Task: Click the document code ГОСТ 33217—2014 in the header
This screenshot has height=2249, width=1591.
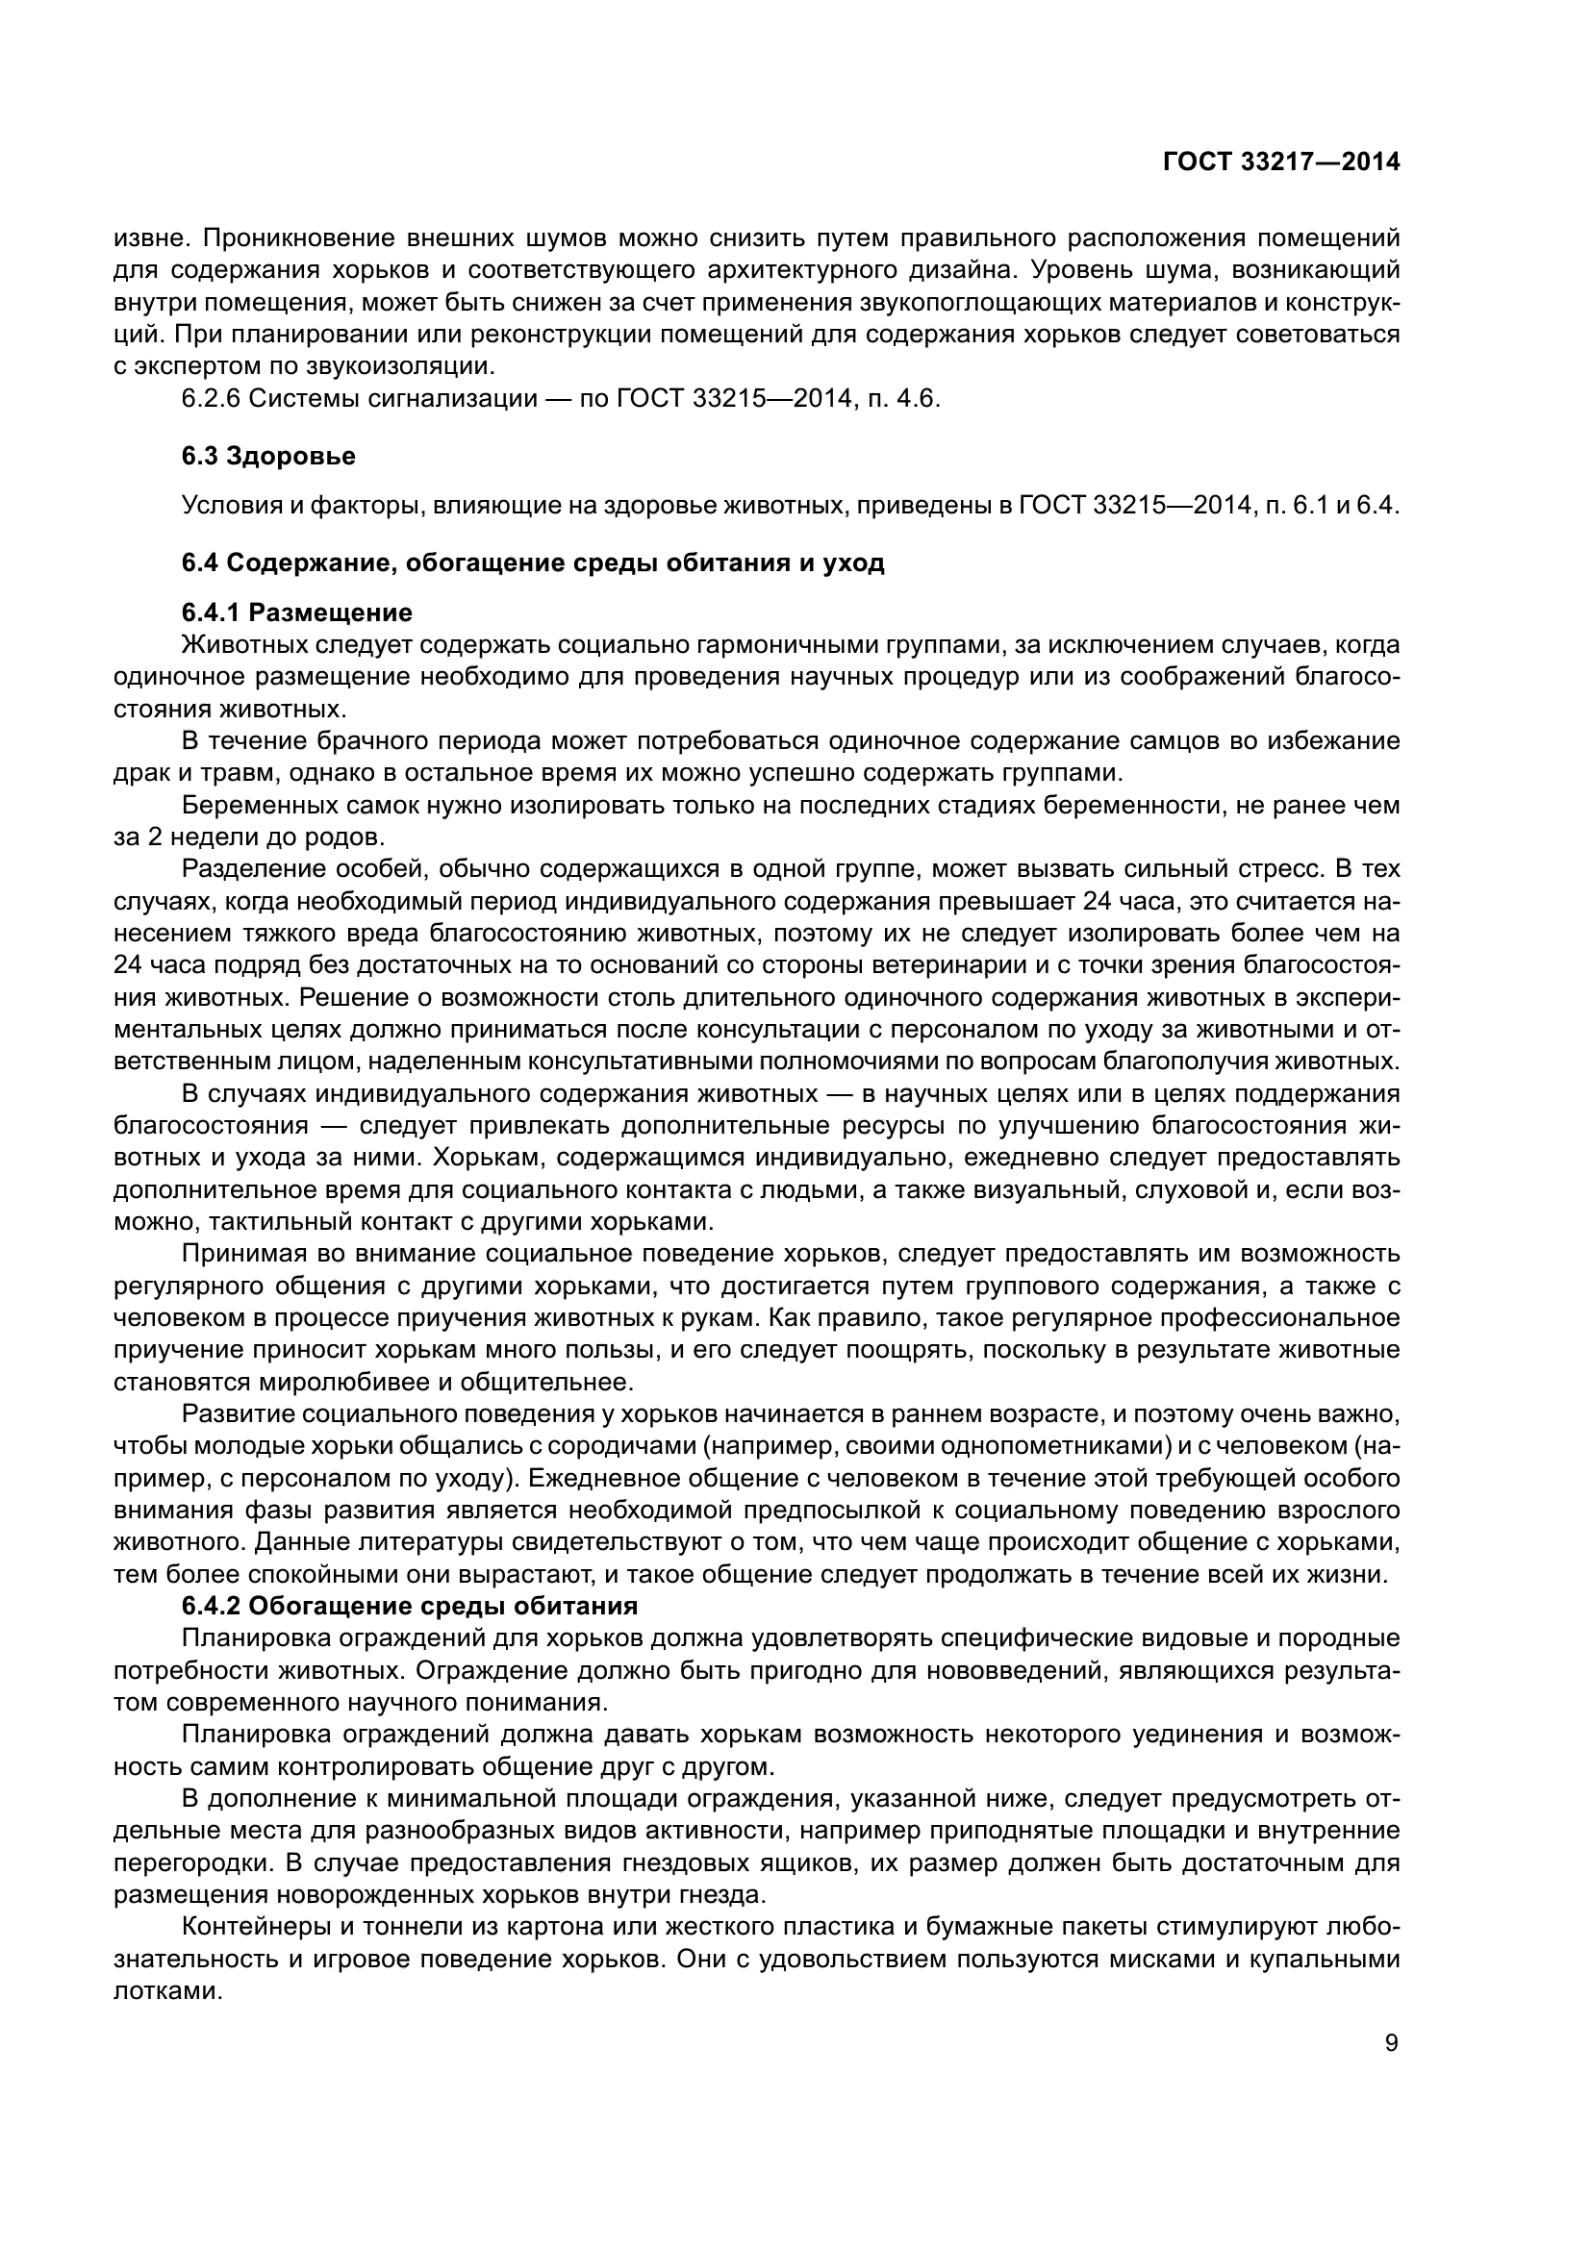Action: tap(1280, 162)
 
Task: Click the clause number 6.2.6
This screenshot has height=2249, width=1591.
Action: tap(211, 399)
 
